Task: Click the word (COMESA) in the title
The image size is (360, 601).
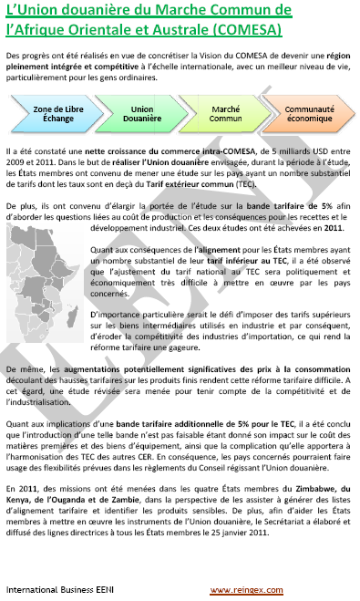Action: coord(240,28)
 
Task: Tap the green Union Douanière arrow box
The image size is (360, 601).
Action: coord(136,114)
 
